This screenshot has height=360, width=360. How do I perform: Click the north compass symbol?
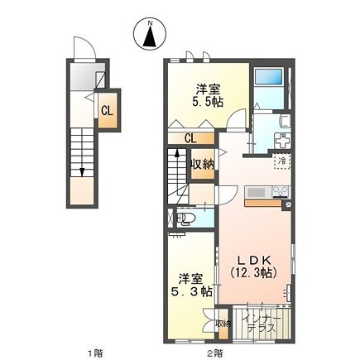tap(149, 34)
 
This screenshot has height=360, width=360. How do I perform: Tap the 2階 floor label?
tap(215, 352)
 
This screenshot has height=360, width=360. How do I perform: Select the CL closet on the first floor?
tap(107, 110)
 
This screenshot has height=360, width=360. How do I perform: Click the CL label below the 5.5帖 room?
tap(190, 137)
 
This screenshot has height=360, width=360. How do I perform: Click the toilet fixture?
tap(186, 218)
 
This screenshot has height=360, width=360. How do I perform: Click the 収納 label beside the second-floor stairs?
tap(203, 164)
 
